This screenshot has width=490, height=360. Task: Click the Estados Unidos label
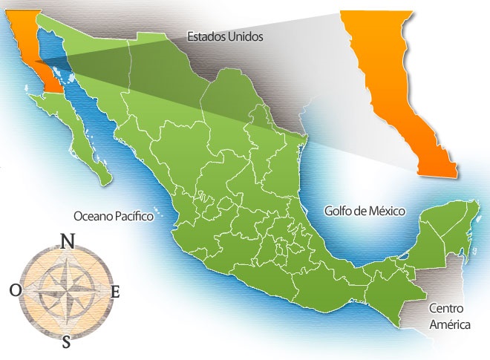(225, 36)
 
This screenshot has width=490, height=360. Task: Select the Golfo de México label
(365, 211)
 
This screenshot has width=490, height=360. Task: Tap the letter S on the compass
(67, 341)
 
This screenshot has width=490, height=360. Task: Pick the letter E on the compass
(114, 292)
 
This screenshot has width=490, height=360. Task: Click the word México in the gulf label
(386, 211)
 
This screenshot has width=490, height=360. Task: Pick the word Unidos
(246, 36)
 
